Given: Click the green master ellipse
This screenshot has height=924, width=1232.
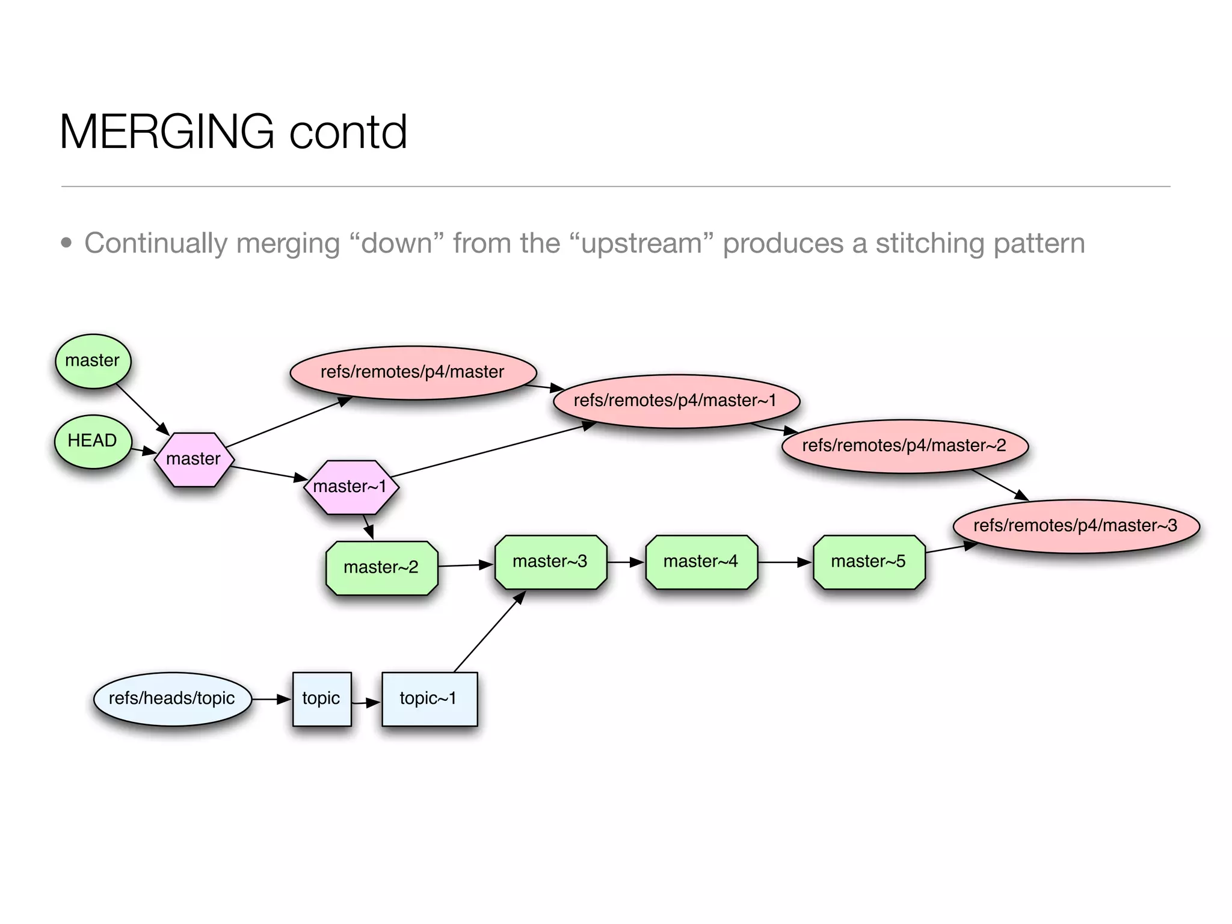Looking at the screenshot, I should point(93,361).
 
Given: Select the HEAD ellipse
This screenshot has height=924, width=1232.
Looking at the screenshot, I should point(93,441).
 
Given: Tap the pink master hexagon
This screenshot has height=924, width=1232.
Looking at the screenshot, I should point(194,459).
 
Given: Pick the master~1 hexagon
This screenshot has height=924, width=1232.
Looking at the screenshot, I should point(351,487).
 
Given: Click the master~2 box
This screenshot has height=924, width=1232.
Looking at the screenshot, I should point(381,567).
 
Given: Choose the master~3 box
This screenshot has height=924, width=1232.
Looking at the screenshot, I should point(550,562).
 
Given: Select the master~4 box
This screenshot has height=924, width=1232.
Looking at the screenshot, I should point(701,562).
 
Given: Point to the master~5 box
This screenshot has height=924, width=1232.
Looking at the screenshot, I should point(869,562).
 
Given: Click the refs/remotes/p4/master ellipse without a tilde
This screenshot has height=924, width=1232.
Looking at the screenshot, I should point(413,372).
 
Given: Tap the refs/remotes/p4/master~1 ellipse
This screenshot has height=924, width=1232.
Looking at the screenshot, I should point(676,401).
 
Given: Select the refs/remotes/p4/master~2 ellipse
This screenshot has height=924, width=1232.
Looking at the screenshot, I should point(904,446).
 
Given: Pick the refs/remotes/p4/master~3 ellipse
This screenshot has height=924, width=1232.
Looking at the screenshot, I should point(1076,526).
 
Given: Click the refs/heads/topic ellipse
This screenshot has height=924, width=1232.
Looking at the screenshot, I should point(172,698).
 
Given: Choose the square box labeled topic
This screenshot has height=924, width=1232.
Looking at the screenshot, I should point(322,698).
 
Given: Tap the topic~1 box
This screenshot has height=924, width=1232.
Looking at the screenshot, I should point(429,698).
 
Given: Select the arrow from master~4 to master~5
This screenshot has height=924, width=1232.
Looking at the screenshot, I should point(784,562).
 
